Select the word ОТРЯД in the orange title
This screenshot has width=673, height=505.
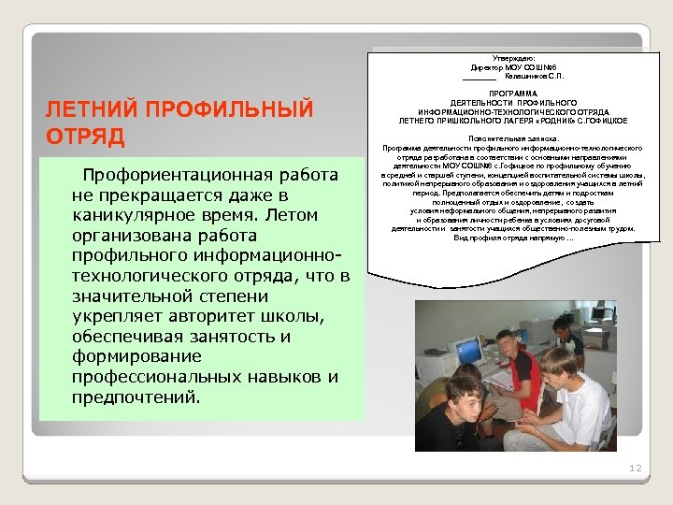click(x=85, y=137)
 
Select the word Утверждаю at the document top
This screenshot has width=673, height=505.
click(x=512, y=58)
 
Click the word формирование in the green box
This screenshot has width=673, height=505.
click(x=122, y=356)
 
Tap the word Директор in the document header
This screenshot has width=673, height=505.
click(x=486, y=67)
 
